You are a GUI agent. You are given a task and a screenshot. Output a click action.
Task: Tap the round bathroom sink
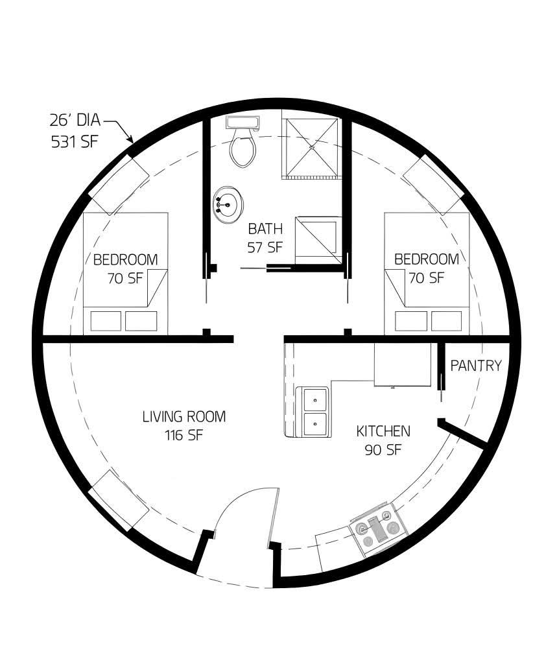[x=228, y=204]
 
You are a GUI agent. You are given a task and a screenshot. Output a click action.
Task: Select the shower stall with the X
[x=312, y=148]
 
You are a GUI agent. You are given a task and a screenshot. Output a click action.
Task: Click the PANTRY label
[x=476, y=366]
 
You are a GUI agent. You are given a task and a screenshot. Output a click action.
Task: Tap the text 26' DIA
[x=75, y=120]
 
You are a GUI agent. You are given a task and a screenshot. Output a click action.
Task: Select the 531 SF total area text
[x=75, y=141]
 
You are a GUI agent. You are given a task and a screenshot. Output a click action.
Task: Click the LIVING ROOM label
[x=184, y=416]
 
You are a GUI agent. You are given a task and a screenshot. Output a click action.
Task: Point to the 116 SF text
[x=184, y=435]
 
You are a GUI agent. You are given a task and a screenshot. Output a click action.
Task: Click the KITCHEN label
[x=383, y=431]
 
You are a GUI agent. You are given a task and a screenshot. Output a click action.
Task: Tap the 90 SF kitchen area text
[x=383, y=450]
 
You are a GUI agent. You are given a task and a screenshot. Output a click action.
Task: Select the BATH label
[x=265, y=229]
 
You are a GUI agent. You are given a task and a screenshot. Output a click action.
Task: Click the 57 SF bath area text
[x=265, y=247]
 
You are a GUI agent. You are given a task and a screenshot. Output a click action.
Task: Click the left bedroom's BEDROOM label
[x=125, y=259]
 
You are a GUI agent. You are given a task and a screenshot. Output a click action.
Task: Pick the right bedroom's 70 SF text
[x=427, y=278]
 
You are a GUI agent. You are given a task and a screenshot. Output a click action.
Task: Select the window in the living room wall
[x=119, y=501]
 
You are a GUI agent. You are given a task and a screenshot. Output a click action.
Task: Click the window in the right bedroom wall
[x=434, y=184]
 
